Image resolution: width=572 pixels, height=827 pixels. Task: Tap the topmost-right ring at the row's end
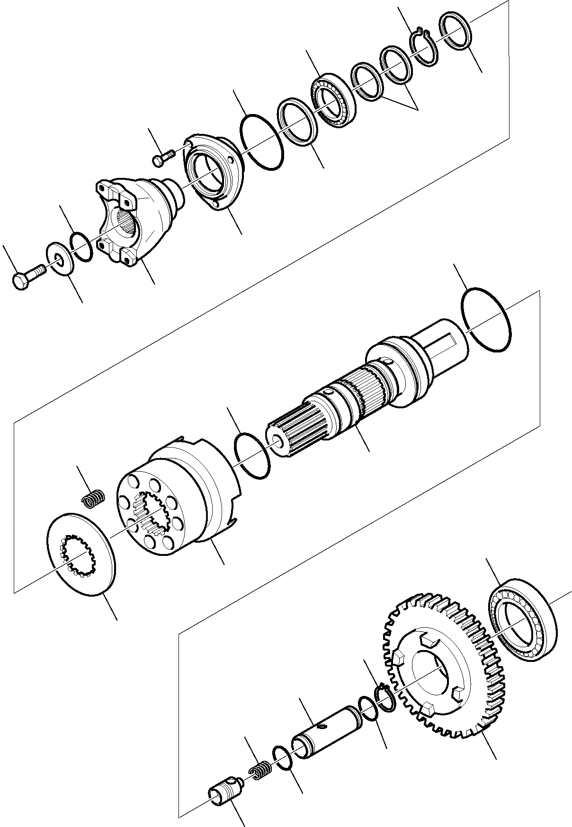456,31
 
